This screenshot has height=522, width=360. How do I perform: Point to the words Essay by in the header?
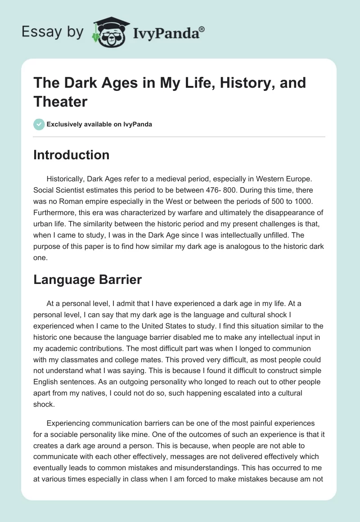coord(53,32)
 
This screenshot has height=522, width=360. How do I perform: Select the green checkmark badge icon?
coord(39,124)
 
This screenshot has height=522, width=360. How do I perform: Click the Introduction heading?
coord(71,155)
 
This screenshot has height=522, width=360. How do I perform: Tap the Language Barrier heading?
coord(88,279)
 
